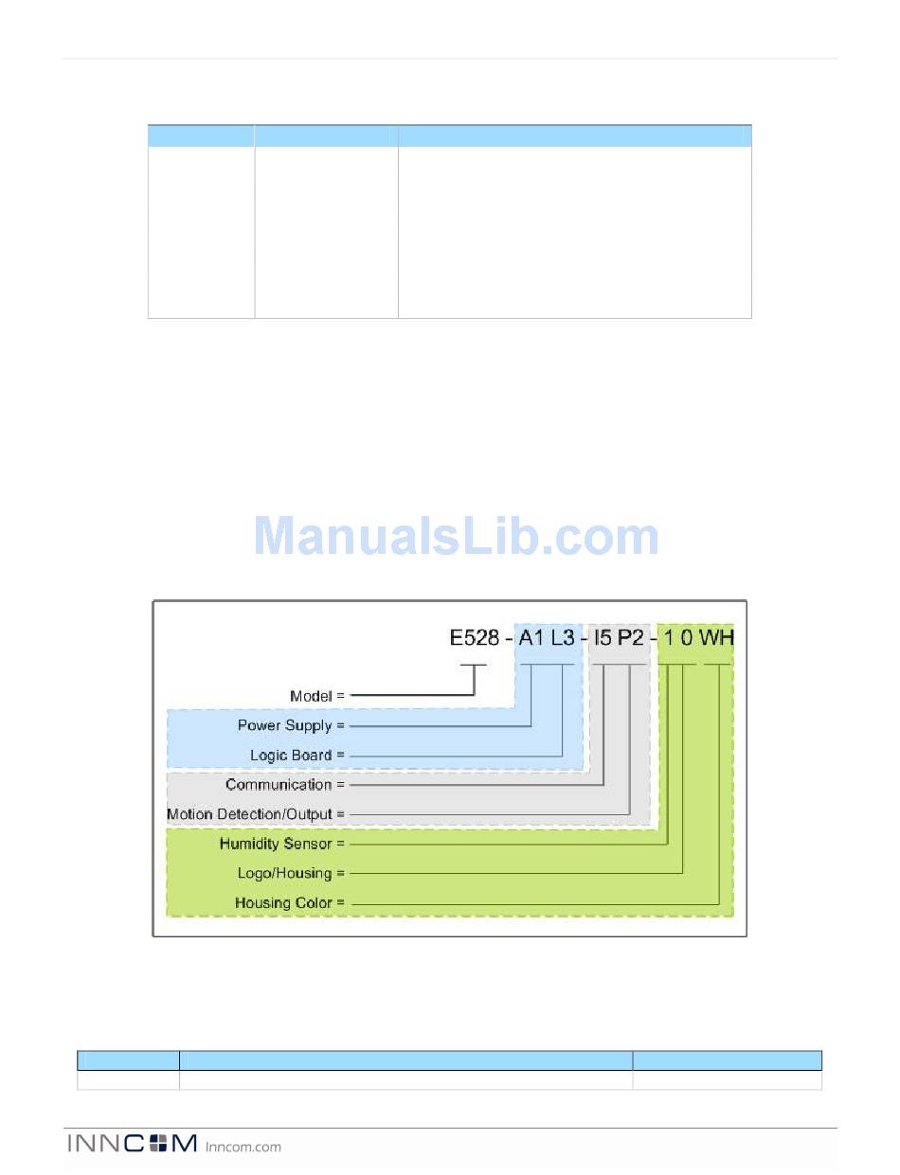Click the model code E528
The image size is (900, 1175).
[x=474, y=637]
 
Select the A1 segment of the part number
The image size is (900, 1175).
[x=531, y=637]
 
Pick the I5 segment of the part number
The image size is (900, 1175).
[x=603, y=637]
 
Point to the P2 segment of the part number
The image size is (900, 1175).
[x=631, y=637]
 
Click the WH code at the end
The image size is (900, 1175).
[x=716, y=637]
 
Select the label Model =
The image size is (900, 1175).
[x=317, y=696]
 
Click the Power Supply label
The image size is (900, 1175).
[x=291, y=726]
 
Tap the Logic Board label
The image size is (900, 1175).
[x=297, y=756]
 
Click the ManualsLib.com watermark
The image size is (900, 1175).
[x=456, y=537]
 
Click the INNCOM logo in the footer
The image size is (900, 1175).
[x=132, y=1145]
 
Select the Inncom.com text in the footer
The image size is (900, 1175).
[x=243, y=1147]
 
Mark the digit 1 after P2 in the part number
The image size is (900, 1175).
[x=668, y=637]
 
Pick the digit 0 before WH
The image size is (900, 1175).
[x=686, y=637]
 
